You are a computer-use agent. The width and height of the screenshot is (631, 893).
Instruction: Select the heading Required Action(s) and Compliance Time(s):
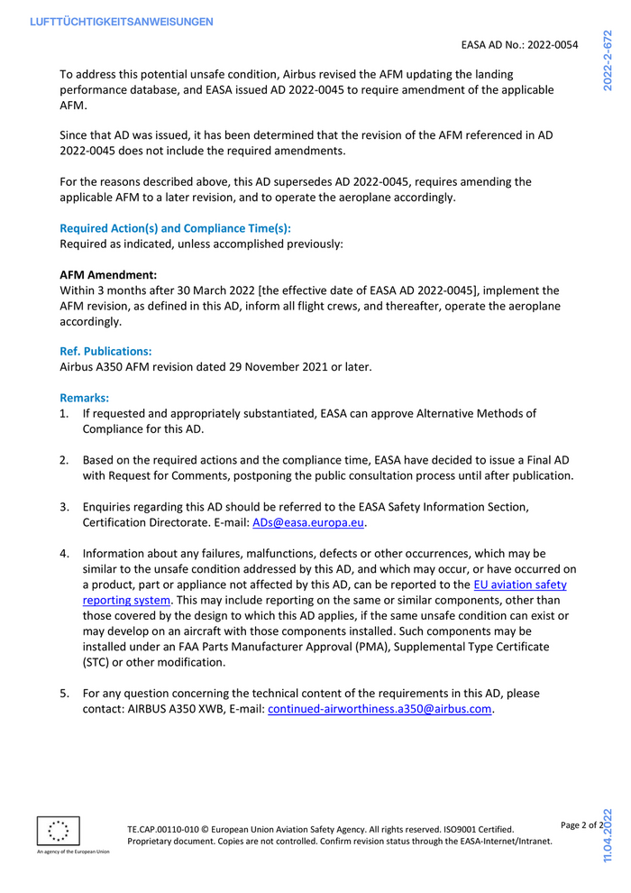(x=175, y=228)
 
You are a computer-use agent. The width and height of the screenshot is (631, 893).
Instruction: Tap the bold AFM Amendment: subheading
(x=108, y=274)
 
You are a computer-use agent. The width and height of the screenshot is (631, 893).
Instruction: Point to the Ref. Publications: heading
(x=105, y=351)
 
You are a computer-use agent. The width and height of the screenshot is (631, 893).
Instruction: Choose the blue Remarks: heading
(x=84, y=397)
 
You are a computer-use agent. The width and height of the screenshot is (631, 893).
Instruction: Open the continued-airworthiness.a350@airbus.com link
(x=380, y=709)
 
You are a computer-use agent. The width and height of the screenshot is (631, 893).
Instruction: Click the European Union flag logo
(x=59, y=831)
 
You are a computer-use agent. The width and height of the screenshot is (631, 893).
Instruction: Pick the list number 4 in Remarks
(x=64, y=553)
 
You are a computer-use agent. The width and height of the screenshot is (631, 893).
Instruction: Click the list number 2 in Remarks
(x=64, y=460)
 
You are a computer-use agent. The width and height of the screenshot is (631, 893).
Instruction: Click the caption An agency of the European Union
(x=73, y=852)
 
